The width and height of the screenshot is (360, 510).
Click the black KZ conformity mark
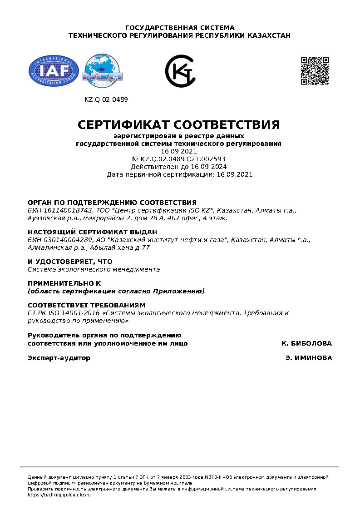[180, 71]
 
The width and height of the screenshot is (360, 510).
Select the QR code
[315, 71]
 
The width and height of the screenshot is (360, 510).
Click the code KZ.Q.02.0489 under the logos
[106, 99]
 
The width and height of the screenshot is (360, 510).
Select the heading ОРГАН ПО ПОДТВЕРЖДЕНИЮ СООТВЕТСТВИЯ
[112, 203]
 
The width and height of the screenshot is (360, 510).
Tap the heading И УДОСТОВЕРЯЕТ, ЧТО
[70, 262]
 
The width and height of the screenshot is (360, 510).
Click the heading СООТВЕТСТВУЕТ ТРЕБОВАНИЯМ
[87, 305]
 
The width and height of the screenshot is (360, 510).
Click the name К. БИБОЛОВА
[306, 343]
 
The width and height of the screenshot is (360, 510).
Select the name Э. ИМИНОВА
[309, 358]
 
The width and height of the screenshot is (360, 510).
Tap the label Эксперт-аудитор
[59, 358]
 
